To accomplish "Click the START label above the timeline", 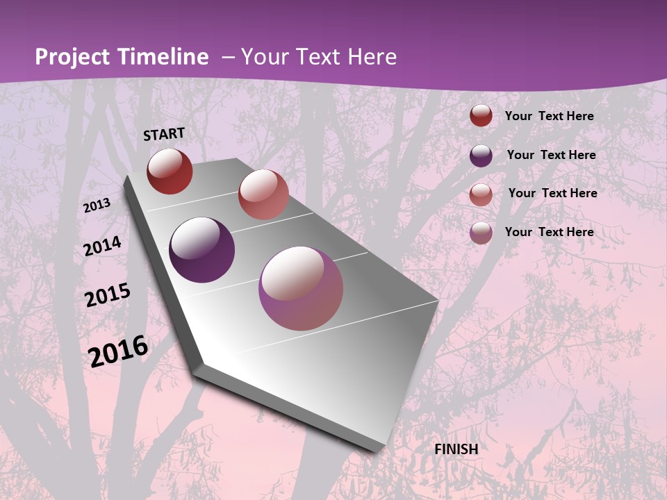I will [x=164, y=134].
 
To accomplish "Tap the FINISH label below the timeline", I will [x=456, y=449].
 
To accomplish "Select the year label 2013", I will [x=97, y=206].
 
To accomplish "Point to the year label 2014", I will [x=102, y=247].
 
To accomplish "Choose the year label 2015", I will [x=108, y=295].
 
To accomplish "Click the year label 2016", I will [x=118, y=351].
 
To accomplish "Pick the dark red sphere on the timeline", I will [x=170, y=171].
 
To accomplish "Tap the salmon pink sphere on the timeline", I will [x=263, y=194].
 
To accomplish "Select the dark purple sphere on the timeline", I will [x=202, y=250].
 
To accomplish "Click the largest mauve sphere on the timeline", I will [x=301, y=288].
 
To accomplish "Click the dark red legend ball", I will [x=481, y=116].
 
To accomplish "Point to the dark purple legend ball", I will [x=481, y=156].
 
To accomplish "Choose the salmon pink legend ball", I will [x=481, y=194].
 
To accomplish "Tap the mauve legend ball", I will [x=481, y=233].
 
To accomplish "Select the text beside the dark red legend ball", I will [x=549, y=116].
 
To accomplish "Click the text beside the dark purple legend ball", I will [x=551, y=155].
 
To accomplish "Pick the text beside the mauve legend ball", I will [x=549, y=232].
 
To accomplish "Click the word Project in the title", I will [x=73, y=57].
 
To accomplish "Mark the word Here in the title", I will [x=372, y=57].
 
